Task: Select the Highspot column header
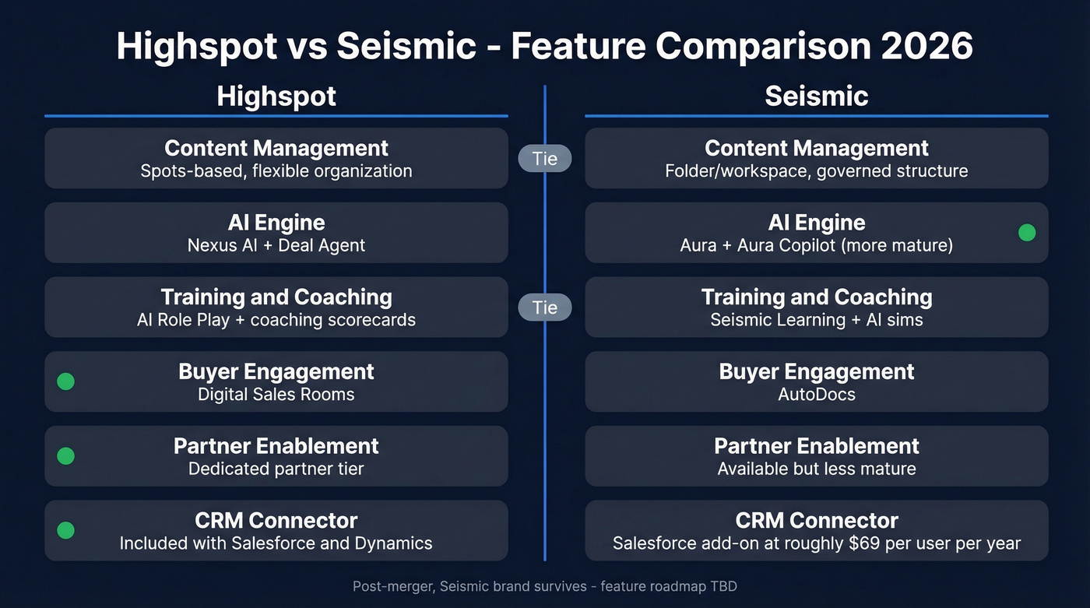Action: (x=276, y=97)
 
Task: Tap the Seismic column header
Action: (x=816, y=97)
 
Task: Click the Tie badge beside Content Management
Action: (x=544, y=159)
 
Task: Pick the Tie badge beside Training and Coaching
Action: (x=544, y=308)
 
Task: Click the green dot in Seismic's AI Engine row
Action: (x=1027, y=232)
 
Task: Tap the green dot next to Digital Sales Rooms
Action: (x=66, y=381)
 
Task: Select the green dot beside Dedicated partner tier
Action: (x=66, y=456)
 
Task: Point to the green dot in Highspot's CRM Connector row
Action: (x=66, y=530)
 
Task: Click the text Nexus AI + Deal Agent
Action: (x=276, y=245)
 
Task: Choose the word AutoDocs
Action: (x=816, y=394)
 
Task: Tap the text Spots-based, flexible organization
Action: (x=276, y=170)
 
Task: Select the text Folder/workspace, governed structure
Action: (x=816, y=170)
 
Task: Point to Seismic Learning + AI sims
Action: (x=816, y=320)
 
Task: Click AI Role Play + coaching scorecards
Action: (x=276, y=320)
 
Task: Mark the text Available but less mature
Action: (x=816, y=469)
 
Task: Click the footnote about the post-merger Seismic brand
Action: (x=544, y=586)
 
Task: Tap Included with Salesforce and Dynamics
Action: (x=276, y=543)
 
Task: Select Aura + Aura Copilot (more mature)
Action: (x=816, y=245)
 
